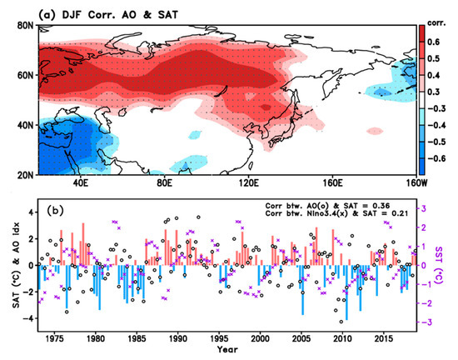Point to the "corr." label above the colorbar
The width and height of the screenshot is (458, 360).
coord(436,14)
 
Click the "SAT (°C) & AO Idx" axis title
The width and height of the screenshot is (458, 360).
coord(9,267)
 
